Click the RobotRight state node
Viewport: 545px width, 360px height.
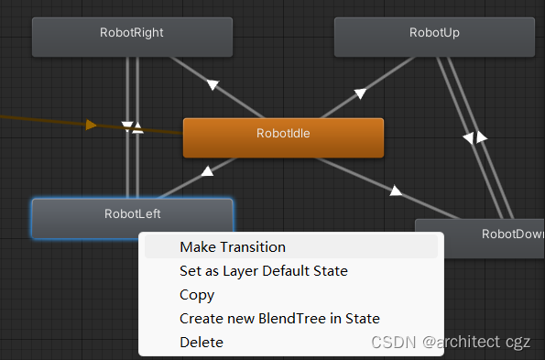[x=132, y=34]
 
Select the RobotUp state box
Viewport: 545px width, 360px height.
[x=434, y=34]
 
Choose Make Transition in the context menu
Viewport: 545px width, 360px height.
[x=233, y=247]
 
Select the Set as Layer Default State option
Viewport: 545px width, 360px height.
[x=264, y=271]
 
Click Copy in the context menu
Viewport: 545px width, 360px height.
[x=197, y=295]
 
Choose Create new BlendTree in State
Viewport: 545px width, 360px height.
[x=279, y=319]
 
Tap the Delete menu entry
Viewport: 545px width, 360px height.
[x=202, y=343]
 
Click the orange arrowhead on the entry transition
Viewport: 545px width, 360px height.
[x=91, y=125]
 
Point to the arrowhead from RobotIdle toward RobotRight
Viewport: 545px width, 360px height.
[x=213, y=85]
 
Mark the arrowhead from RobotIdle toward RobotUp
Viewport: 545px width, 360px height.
[x=360, y=93]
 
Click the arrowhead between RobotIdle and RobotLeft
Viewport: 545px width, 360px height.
[x=208, y=170]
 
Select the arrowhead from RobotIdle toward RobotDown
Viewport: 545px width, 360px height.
[x=396, y=191]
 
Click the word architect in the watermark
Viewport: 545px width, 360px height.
[x=466, y=342]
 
